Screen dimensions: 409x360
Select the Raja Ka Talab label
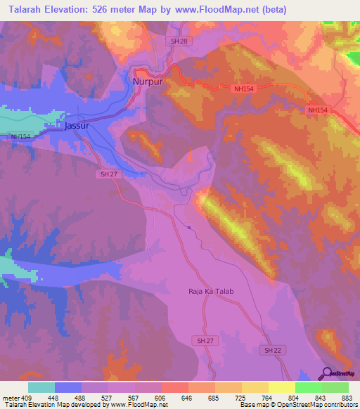[210, 292]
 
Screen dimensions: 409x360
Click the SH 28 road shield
[179, 42]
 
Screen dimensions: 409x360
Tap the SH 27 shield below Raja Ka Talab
[200, 340]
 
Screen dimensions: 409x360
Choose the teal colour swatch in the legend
[41, 387]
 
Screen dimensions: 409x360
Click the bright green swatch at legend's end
[335, 387]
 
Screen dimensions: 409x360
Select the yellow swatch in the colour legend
[281, 387]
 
